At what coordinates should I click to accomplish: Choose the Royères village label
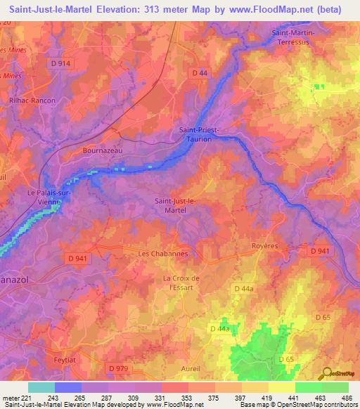point(265,247)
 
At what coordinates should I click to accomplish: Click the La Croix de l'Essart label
point(182,283)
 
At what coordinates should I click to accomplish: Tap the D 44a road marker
point(243,288)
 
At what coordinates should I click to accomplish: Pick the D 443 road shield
point(220,328)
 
